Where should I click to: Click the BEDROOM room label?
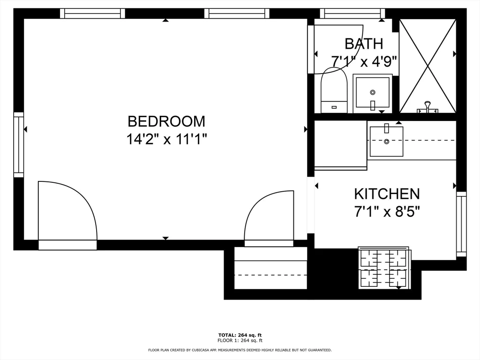coord(166,121)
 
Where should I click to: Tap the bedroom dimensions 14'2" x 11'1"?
coord(166,139)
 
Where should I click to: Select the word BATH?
coord(364,44)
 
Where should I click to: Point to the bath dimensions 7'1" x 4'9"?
coord(364,61)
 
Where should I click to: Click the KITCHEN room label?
coord(387,194)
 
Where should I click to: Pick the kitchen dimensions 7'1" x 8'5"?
coord(387,211)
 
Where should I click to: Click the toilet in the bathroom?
coord(334,91)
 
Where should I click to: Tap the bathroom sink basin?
coord(373,93)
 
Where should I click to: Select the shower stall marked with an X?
coord(427,66)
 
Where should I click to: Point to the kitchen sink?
coord(386,141)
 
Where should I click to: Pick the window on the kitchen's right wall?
coord(461,224)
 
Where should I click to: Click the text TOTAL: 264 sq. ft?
coord(240,335)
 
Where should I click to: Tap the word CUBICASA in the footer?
coord(213,350)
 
